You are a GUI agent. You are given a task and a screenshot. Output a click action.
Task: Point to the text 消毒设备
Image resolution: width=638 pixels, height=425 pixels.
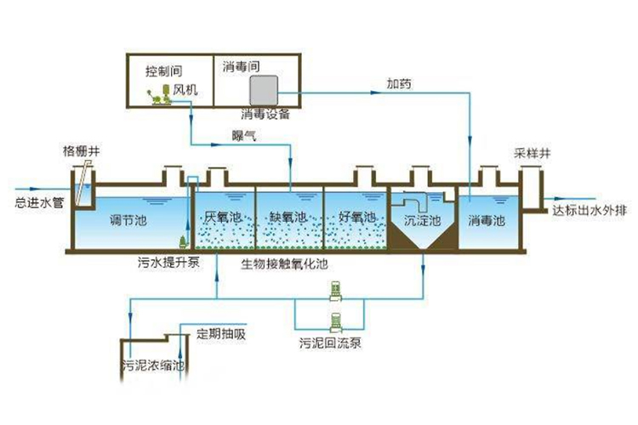click(265, 114)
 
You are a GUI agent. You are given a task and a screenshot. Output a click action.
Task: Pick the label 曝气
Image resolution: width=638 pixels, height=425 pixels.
click(244, 134)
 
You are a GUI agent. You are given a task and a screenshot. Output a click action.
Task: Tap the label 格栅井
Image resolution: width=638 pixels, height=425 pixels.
click(79, 150)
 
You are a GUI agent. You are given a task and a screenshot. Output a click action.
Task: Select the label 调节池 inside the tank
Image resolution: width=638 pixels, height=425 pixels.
click(128, 220)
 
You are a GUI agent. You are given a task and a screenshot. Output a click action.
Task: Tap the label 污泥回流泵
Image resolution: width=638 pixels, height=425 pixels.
click(331, 344)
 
